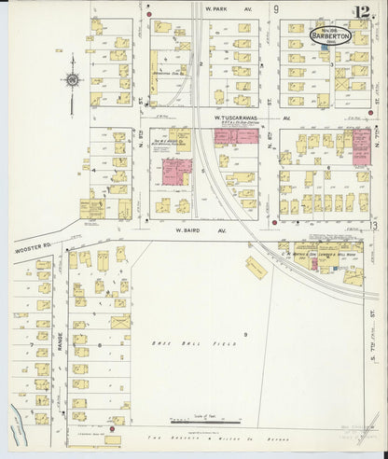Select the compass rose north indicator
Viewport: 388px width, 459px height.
71,80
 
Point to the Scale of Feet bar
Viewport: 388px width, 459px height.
196,418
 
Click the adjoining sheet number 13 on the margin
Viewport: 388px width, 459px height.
373,225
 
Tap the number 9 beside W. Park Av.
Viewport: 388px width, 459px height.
277,9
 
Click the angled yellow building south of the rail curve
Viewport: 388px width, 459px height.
256,269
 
